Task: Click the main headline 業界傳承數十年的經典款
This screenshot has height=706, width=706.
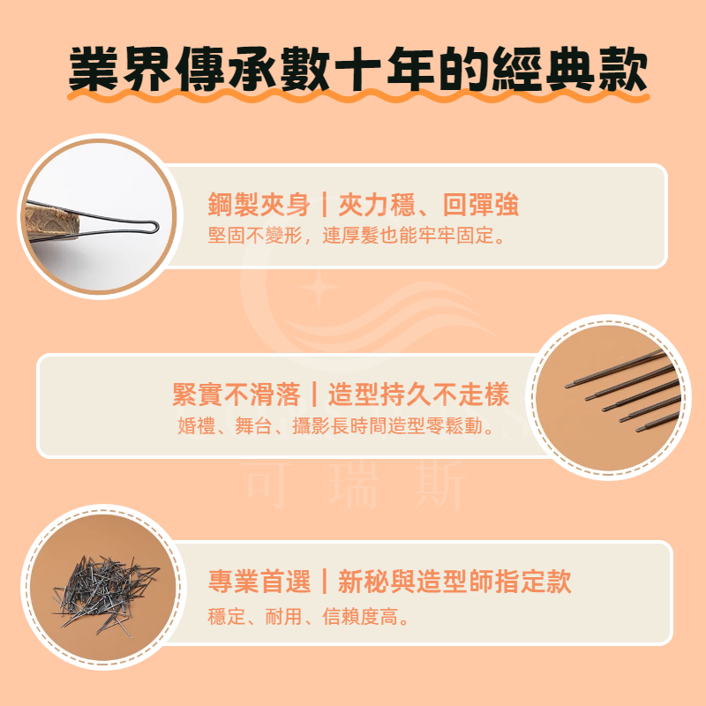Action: click(x=358, y=69)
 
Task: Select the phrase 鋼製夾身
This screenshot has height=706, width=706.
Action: click(x=259, y=205)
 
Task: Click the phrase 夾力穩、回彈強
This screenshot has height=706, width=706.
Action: click(x=429, y=205)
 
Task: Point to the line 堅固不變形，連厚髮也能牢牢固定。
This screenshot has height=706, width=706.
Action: click(x=357, y=236)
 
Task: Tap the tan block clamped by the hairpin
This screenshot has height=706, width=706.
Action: click(x=53, y=223)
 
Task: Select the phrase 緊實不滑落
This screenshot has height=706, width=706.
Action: click(x=237, y=394)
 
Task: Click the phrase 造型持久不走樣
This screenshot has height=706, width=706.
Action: click(x=418, y=394)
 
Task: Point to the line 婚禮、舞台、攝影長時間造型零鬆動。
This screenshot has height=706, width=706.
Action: click(x=335, y=426)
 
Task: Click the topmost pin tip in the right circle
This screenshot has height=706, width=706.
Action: click(x=568, y=386)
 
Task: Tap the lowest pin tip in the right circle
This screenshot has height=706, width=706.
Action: click(x=638, y=430)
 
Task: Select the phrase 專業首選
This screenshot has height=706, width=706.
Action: click(x=259, y=582)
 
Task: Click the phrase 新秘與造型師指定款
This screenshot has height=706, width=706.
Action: click(x=454, y=582)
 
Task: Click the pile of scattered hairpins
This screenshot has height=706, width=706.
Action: click(x=106, y=593)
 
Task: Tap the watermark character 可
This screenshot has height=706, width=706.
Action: click(x=267, y=485)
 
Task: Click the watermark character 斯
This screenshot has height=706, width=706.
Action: click(x=439, y=485)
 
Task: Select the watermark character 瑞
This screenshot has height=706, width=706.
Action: click(x=353, y=485)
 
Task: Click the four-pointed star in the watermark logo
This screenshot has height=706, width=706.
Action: click(x=319, y=288)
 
